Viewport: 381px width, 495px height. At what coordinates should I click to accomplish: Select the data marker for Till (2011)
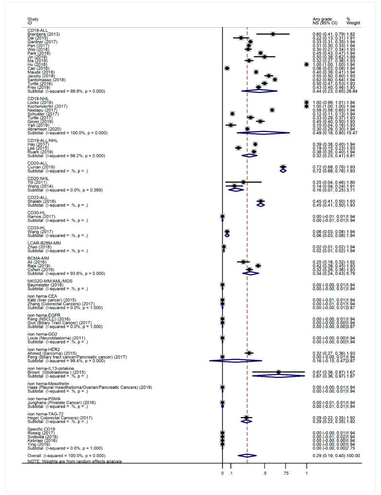243,195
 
